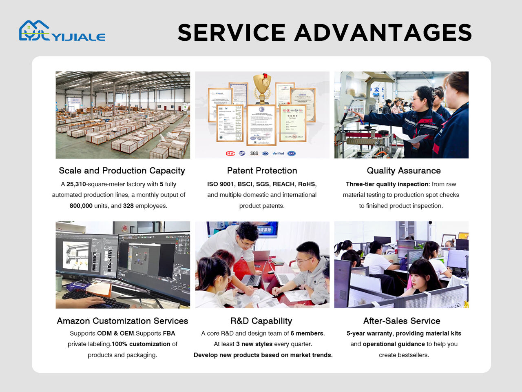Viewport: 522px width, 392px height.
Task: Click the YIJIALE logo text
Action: (x=80, y=37)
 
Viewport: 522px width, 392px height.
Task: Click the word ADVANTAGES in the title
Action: (x=383, y=32)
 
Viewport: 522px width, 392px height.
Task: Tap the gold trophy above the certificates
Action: (x=262, y=89)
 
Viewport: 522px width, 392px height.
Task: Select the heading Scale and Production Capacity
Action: (x=122, y=171)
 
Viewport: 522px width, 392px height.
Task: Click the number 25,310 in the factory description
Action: (x=76, y=184)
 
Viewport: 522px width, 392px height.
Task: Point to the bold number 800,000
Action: (x=81, y=206)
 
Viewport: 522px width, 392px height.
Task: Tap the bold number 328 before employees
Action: (x=128, y=206)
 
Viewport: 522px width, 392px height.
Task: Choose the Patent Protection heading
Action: (x=262, y=171)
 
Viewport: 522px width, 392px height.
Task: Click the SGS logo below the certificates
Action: (x=254, y=153)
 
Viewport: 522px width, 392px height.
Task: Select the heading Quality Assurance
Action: (x=404, y=171)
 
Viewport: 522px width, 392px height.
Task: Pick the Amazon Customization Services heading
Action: (x=122, y=321)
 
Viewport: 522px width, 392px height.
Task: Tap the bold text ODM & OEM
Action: (x=116, y=333)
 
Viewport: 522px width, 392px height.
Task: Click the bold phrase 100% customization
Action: (x=141, y=344)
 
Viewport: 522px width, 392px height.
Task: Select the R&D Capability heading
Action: (x=261, y=321)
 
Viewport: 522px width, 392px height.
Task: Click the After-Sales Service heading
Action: (x=402, y=321)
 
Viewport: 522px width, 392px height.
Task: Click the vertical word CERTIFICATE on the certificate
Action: (x=238, y=123)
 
